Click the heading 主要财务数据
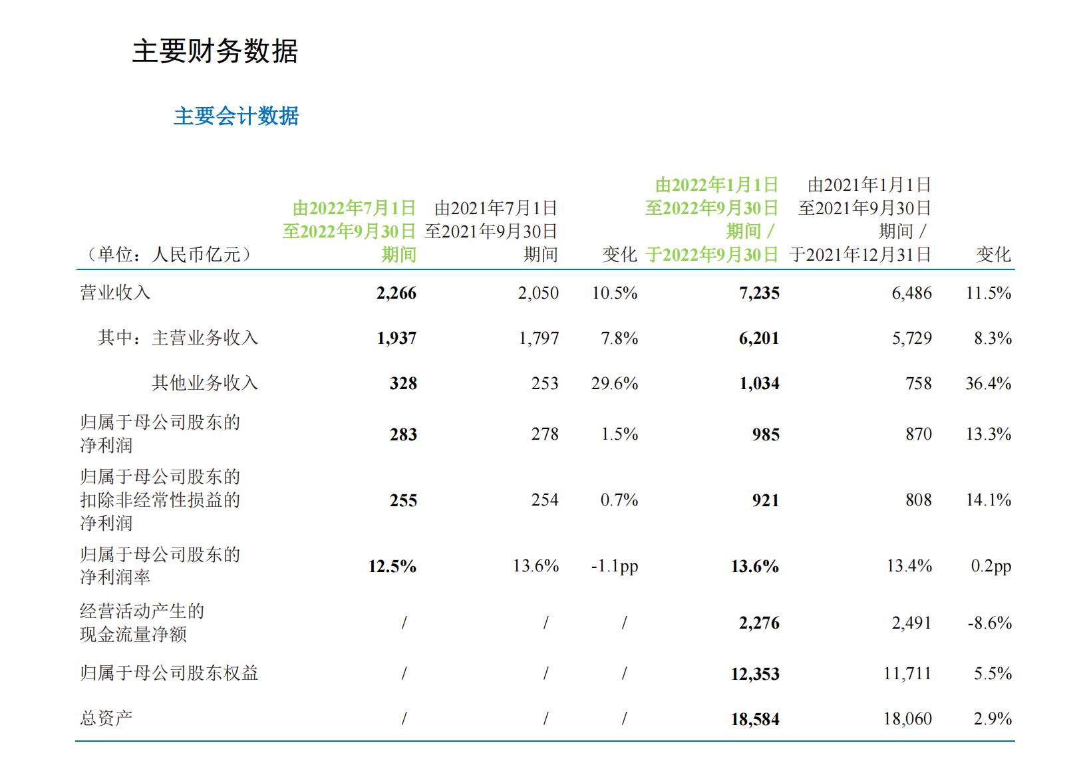(215, 51)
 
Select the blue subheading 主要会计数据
(236, 116)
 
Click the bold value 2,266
(396, 293)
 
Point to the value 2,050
(538, 293)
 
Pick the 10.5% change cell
(615, 293)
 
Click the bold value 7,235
(759, 293)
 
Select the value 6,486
(911, 293)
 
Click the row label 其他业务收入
(204, 383)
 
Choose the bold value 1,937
(396, 339)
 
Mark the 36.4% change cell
(988, 384)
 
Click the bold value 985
(766, 435)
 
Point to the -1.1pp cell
(614, 567)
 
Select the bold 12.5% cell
(392, 567)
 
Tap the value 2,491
(911, 623)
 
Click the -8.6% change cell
(989, 623)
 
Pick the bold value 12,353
(755, 675)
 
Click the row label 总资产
(106, 718)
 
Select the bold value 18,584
(755, 720)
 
